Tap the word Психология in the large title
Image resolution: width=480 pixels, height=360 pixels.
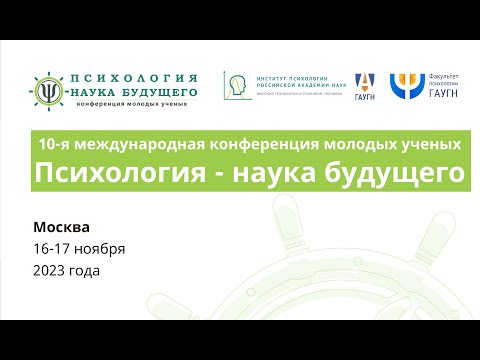click(108, 173)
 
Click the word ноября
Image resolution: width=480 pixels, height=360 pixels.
click(103, 248)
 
